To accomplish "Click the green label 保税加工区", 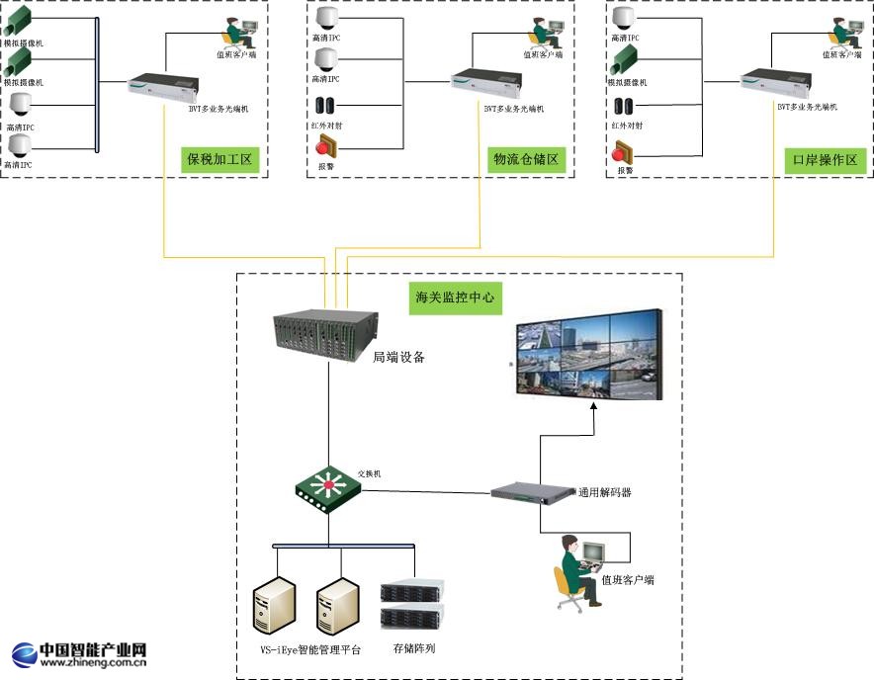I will coord(220,159).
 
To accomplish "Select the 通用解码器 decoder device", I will coord(533,491).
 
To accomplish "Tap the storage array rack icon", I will coord(412,606).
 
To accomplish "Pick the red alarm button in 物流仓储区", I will coord(327,147).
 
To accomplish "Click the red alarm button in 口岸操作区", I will coord(624,151).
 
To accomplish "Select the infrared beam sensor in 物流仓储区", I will coord(326,106).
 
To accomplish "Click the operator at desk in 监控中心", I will coord(582,567).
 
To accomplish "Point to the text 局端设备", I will coord(399,358).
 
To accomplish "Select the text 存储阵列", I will coord(413,649).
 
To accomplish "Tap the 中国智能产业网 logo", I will coord(80,654).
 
